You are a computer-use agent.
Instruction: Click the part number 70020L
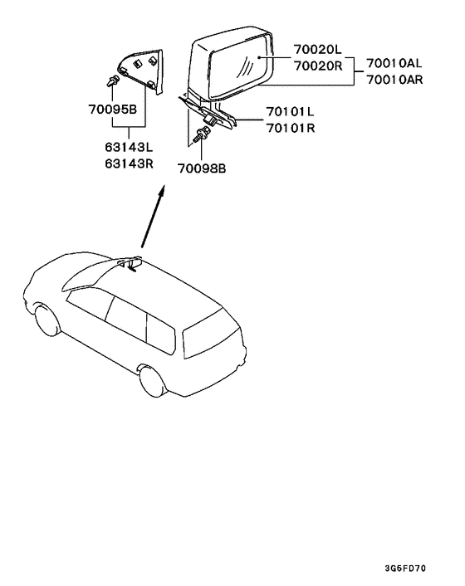click(317, 49)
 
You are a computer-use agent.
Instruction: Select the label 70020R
click(318, 66)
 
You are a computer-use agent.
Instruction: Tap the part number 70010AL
click(394, 63)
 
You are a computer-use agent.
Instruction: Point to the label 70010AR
click(394, 80)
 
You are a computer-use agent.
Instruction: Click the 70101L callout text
click(290, 111)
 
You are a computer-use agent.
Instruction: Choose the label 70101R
click(291, 128)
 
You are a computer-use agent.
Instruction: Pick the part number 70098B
click(202, 169)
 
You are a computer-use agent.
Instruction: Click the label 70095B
click(112, 110)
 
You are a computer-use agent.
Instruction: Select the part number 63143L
click(129, 147)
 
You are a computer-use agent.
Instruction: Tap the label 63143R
click(129, 164)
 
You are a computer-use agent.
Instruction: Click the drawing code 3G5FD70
click(405, 569)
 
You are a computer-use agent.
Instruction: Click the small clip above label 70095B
click(113, 81)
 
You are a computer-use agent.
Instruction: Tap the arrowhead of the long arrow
click(161, 192)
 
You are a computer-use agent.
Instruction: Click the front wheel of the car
click(47, 320)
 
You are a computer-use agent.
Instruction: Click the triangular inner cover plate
click(141, 71)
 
